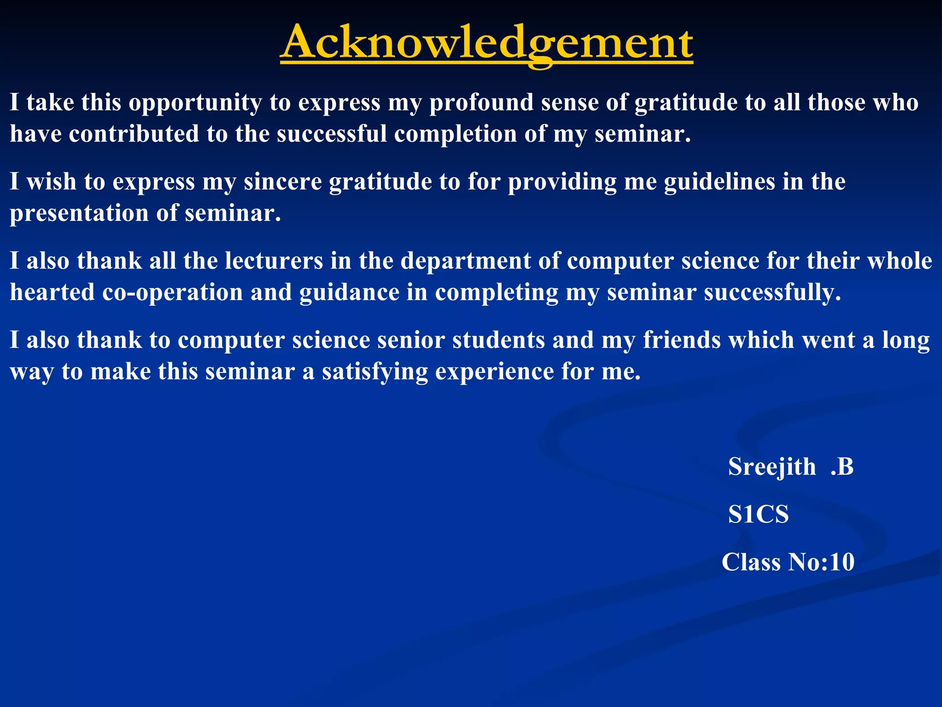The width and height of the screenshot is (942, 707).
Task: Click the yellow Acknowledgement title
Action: point(486,43)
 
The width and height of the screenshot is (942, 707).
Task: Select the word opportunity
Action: point(195,103)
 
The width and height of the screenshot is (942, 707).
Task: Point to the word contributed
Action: point(134,134)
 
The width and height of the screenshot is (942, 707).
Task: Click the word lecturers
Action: point(274,261)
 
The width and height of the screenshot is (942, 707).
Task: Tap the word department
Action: point(465,261)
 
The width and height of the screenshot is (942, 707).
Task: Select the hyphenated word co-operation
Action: point(172,293)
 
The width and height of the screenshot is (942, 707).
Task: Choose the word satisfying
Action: point(374,372)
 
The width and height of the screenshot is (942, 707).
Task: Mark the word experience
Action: point(494,372)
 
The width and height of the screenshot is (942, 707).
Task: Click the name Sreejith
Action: point(771,467)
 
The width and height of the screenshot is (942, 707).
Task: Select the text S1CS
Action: point(758,514)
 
